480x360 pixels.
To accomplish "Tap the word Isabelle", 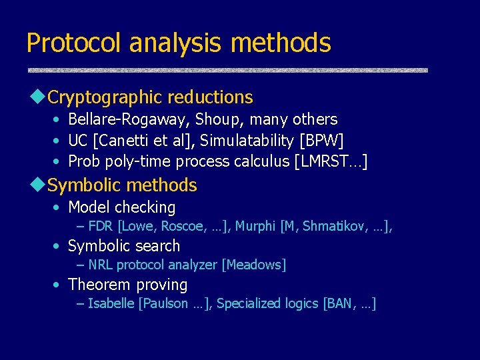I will click(111, 304).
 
